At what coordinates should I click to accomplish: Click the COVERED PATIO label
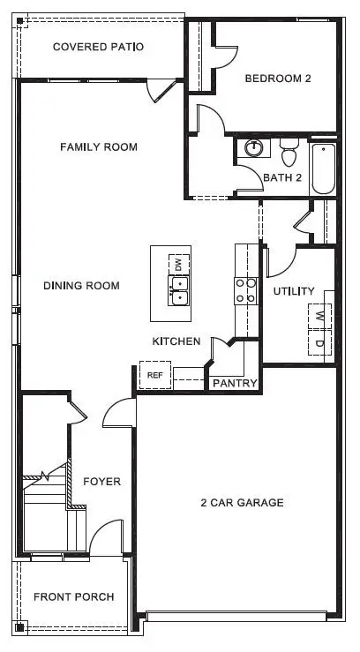[98, 47]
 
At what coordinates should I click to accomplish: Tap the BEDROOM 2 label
[278, 79]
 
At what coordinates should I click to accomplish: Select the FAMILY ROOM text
[98, 146]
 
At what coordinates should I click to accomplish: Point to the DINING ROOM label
[81, 286]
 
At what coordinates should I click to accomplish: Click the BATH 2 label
[282, 177]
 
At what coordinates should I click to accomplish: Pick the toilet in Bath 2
[288, 156]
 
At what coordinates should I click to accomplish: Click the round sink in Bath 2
[254, 148]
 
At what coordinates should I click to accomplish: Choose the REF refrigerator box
[155, 375]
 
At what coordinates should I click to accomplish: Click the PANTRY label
[234, 383]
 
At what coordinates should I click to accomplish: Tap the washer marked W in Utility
[319, 316]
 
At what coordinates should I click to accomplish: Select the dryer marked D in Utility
[319, 342]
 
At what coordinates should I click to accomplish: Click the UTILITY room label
[294, 291]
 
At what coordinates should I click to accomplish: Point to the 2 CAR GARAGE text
[241, 503]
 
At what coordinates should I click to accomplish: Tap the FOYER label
[101, 482]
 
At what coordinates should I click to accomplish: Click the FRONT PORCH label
[73, 597]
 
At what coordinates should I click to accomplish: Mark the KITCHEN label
[176, 341]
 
